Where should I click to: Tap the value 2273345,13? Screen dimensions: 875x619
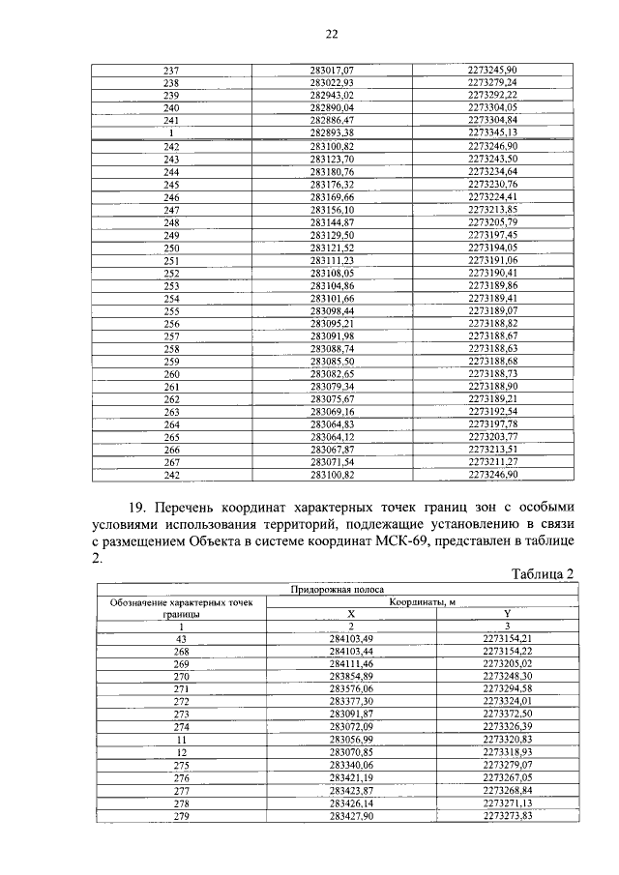492,132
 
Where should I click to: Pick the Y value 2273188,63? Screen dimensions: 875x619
492,348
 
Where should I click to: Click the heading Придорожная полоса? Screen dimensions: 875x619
338,589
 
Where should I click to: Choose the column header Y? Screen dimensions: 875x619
507,614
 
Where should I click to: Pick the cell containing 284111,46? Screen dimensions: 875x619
350,664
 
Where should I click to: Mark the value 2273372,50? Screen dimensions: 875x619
507,714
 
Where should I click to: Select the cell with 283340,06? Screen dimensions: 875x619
350,764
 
